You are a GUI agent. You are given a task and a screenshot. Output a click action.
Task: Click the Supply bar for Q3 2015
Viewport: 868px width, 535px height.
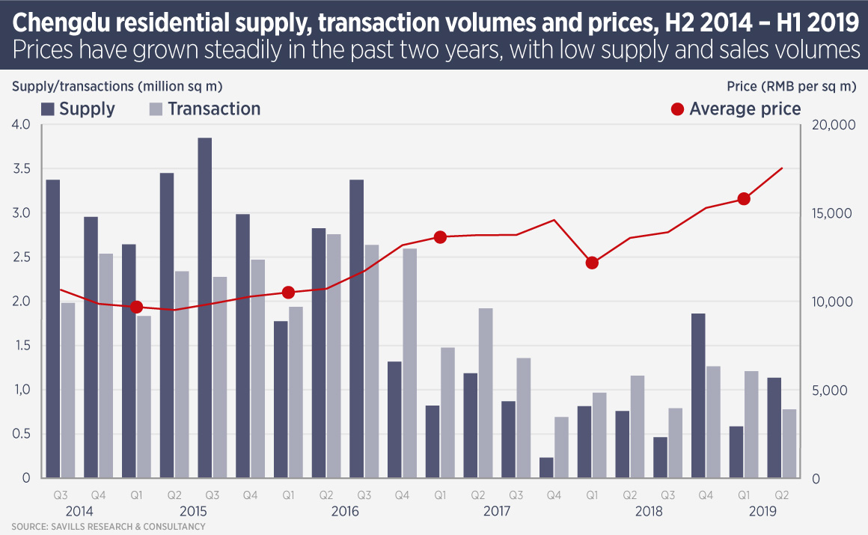(x=204, y=308)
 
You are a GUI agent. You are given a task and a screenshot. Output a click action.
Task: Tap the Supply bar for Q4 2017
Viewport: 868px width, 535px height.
(x=546, y=468)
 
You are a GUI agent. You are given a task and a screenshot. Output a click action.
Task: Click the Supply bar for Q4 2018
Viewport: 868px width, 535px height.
(x=698, y=396)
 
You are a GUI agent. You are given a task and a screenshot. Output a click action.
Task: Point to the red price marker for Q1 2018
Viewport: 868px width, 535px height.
(x=592, y=263)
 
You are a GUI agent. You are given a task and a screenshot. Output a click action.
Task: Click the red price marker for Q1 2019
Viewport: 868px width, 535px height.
(x=744, y=199)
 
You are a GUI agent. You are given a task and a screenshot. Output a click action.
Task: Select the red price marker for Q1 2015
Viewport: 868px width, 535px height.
(x=136, y=307)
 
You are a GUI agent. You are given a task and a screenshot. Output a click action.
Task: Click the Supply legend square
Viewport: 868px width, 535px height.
(x=48, y=109)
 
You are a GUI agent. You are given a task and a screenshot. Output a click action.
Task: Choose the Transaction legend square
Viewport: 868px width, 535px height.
(x=156, y=109)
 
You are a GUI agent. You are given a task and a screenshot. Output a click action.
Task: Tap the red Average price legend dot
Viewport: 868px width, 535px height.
(x=677, y=109)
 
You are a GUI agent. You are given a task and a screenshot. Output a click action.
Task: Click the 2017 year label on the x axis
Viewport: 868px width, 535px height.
(x=497, y=512)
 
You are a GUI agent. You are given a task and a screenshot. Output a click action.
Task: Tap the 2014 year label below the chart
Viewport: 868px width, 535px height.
(x=79, y=512)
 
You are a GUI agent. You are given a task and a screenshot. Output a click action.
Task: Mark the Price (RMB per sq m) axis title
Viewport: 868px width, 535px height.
(x=791, y=86)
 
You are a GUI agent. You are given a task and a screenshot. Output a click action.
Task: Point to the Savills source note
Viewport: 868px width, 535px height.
(x=109, y=527)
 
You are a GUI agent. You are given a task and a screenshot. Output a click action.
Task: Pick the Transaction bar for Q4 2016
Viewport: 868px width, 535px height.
(x=410, y=364)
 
